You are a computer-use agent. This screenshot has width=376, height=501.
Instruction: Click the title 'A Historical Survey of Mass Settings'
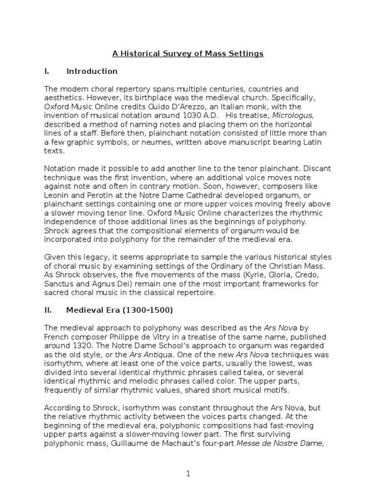point(188,54)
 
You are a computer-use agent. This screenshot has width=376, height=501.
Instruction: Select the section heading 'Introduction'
point(92,71)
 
